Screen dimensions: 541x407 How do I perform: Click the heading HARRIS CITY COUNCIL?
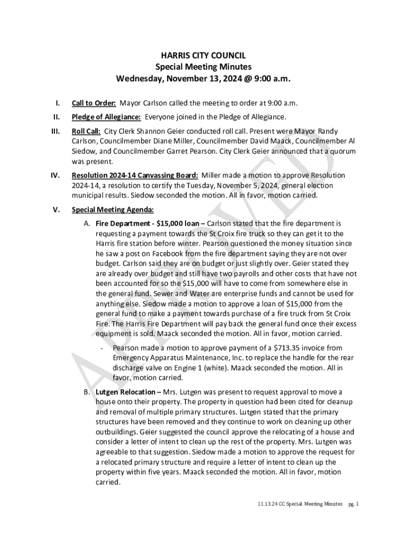click(203, 55)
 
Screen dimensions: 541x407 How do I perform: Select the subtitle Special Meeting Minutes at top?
click(203, 67)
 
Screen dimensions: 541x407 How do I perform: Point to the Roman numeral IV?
click(54, 175)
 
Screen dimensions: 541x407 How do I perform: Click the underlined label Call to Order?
click(94, 103)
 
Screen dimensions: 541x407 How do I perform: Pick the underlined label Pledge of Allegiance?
click(106, 117)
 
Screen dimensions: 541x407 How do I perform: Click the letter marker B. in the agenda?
click(87, 392)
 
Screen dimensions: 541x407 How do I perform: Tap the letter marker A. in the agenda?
click(87, 223)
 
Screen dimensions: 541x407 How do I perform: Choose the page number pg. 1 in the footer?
click(354, 505)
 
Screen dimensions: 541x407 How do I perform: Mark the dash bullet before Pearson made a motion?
click(101, 348)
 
